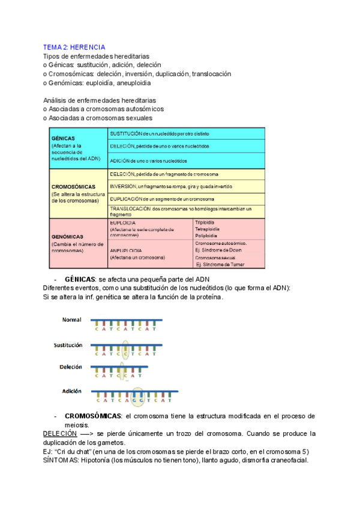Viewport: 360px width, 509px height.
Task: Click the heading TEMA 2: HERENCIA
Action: (x=74, y=47)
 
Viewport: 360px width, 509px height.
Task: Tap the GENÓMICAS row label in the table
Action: (x=67, y=236)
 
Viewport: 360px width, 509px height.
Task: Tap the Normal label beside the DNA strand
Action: (x=71, y=320)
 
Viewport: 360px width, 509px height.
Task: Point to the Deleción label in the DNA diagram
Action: (x=70, y=367)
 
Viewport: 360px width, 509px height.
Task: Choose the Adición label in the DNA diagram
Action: (x=71, y=391)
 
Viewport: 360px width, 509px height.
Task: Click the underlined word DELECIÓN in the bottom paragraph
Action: (x=60, y=433)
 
